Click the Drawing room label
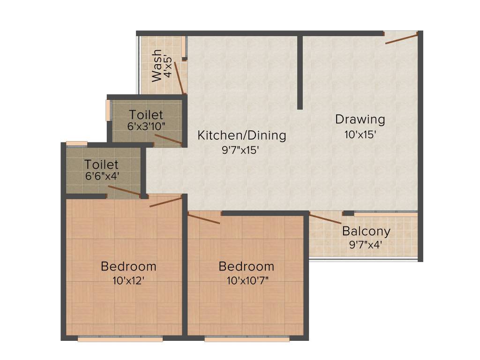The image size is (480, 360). click(x=360, y=119)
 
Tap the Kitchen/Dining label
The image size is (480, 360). click(x=241, y=135)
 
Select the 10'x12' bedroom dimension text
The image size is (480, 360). click(x=128, y=281)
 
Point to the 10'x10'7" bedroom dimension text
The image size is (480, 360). click(x=246, y=281)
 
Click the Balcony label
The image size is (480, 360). click(x=366, y=231)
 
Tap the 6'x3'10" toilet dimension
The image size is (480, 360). click(x=146, y=126)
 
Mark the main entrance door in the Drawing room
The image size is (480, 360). click(x=401, y=38)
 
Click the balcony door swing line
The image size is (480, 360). click(x=325, y=218)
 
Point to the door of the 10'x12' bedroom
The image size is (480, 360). click(x=165, y=202)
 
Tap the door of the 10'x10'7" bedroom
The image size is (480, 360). click(x=204, y=218)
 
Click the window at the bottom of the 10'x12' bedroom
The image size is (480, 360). click(x=120, y=338)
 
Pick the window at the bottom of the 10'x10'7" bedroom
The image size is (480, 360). click(x=247, y=338)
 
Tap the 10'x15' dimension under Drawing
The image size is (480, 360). click(x=360, y=135)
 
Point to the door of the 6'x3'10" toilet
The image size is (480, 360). click(x=168, y=140)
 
